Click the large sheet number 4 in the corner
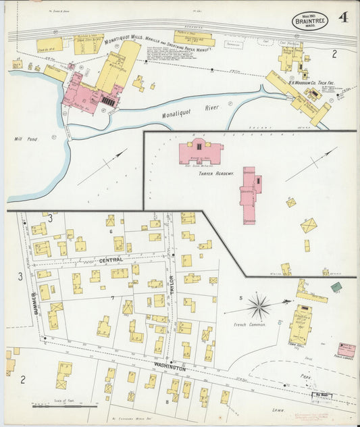point(343,18)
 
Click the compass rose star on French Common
point(259,307)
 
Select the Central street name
point(111,259)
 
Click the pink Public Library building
point(346,350)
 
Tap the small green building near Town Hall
point(336,287)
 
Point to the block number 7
point(112,297)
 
